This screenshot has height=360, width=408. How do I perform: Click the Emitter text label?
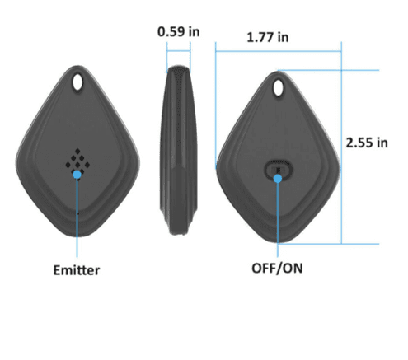[77, 269]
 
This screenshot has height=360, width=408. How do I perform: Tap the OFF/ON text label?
[279, 269]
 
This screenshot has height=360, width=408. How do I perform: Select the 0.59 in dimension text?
[179, 31]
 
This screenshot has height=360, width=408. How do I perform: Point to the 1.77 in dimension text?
[267, 37]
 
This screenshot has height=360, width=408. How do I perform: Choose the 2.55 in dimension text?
[367, 142]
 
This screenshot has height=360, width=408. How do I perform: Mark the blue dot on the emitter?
[77, 174]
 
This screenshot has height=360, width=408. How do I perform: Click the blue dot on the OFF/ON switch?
[279, 174]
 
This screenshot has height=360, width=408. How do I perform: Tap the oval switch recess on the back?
[279, 170]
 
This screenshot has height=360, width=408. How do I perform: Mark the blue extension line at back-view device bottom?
[330, 244]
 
